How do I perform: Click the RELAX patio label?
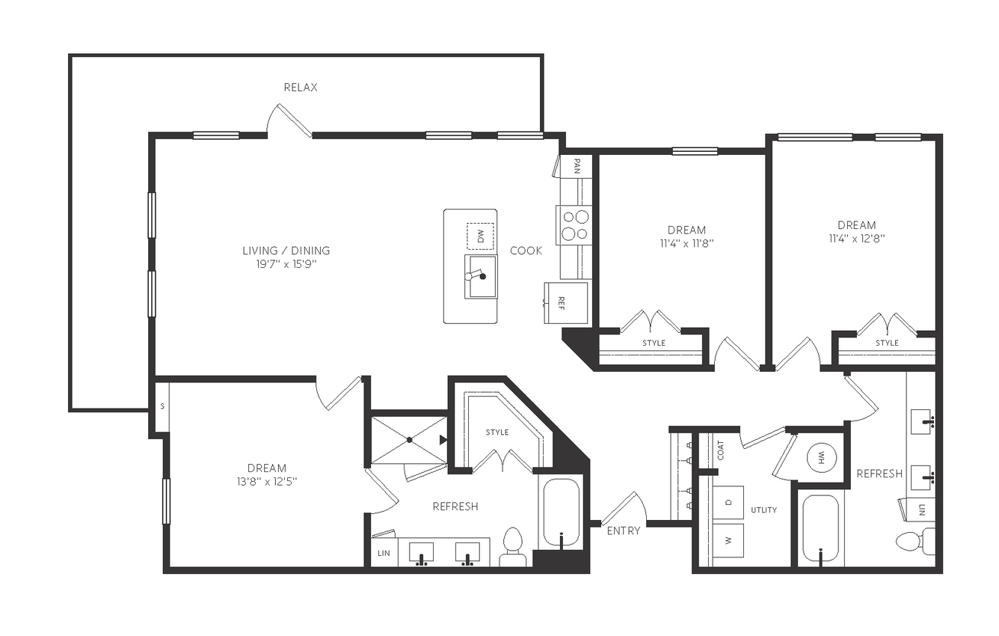pyautogui.click(x=301, y=88)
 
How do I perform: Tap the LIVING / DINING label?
pyautogui.click(x=286, y=251)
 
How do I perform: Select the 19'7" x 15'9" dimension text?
pyautogui.click(x=286, y=264)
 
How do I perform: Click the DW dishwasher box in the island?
pyautogui.click(x=480, y=236)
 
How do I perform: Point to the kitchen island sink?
pyautogui.click(x=481, y=277)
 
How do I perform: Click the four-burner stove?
pyautogui.click(x=574, y=225)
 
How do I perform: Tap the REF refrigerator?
pyautogui.click(x=565, y=303)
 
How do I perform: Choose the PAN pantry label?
pyautogui.click(x=577, y=166)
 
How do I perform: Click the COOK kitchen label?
pyautogui.click(x=526, y=251)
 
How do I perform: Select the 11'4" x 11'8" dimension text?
pyautogui.click(x=686, y=244)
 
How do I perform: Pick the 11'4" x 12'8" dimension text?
pyautogui.click(x=857, y=239)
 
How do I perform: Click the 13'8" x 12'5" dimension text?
pyautogui.click(x=267, y=482)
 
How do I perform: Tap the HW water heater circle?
pyautogui.click(x=822, y=457)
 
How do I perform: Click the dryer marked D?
pyautogui.click(x=728, y=502)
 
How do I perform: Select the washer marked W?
pyautogui.click(x=728, y=540)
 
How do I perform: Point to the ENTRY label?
pyautogui.click(x=624, y=530)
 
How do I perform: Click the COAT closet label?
pyautogui.click(x=721, y=450)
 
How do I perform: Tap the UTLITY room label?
pyautogui.click(x=764, y=510)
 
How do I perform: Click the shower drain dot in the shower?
pyautogui.click(x=410, y=440)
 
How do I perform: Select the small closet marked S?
pyautogui.click(x=162, y=406)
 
